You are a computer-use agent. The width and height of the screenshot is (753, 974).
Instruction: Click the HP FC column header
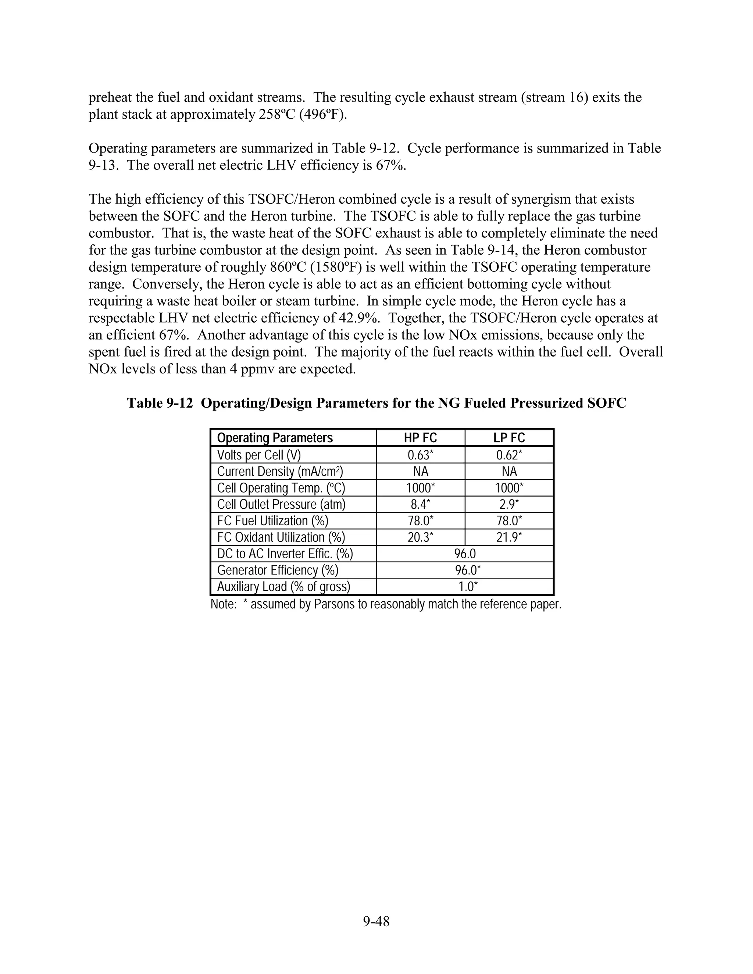tap(420, 437)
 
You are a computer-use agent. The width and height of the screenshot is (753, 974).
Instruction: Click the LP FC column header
tap(509, 437)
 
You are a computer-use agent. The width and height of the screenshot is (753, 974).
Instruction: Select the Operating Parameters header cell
tap(275, 437)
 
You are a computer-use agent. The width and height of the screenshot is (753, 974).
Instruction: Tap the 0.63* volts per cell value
tap(420, 455)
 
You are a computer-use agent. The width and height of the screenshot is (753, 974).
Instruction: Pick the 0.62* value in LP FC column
tap(509, 455)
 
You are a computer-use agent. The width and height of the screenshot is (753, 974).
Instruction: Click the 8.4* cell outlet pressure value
tap(420, 504)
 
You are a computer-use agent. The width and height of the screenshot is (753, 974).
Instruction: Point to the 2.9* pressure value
tap(509, 504)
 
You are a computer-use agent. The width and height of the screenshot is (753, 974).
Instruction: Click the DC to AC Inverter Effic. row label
tap(285, 554)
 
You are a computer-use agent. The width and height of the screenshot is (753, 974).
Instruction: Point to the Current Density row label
tap(280, 472)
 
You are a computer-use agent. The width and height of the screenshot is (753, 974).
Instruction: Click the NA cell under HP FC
tap(420, 472)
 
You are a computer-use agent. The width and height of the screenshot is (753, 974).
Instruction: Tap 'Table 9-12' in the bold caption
tap(160, 403)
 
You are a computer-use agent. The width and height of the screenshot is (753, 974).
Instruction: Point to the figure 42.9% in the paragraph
tap(359, 318)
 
